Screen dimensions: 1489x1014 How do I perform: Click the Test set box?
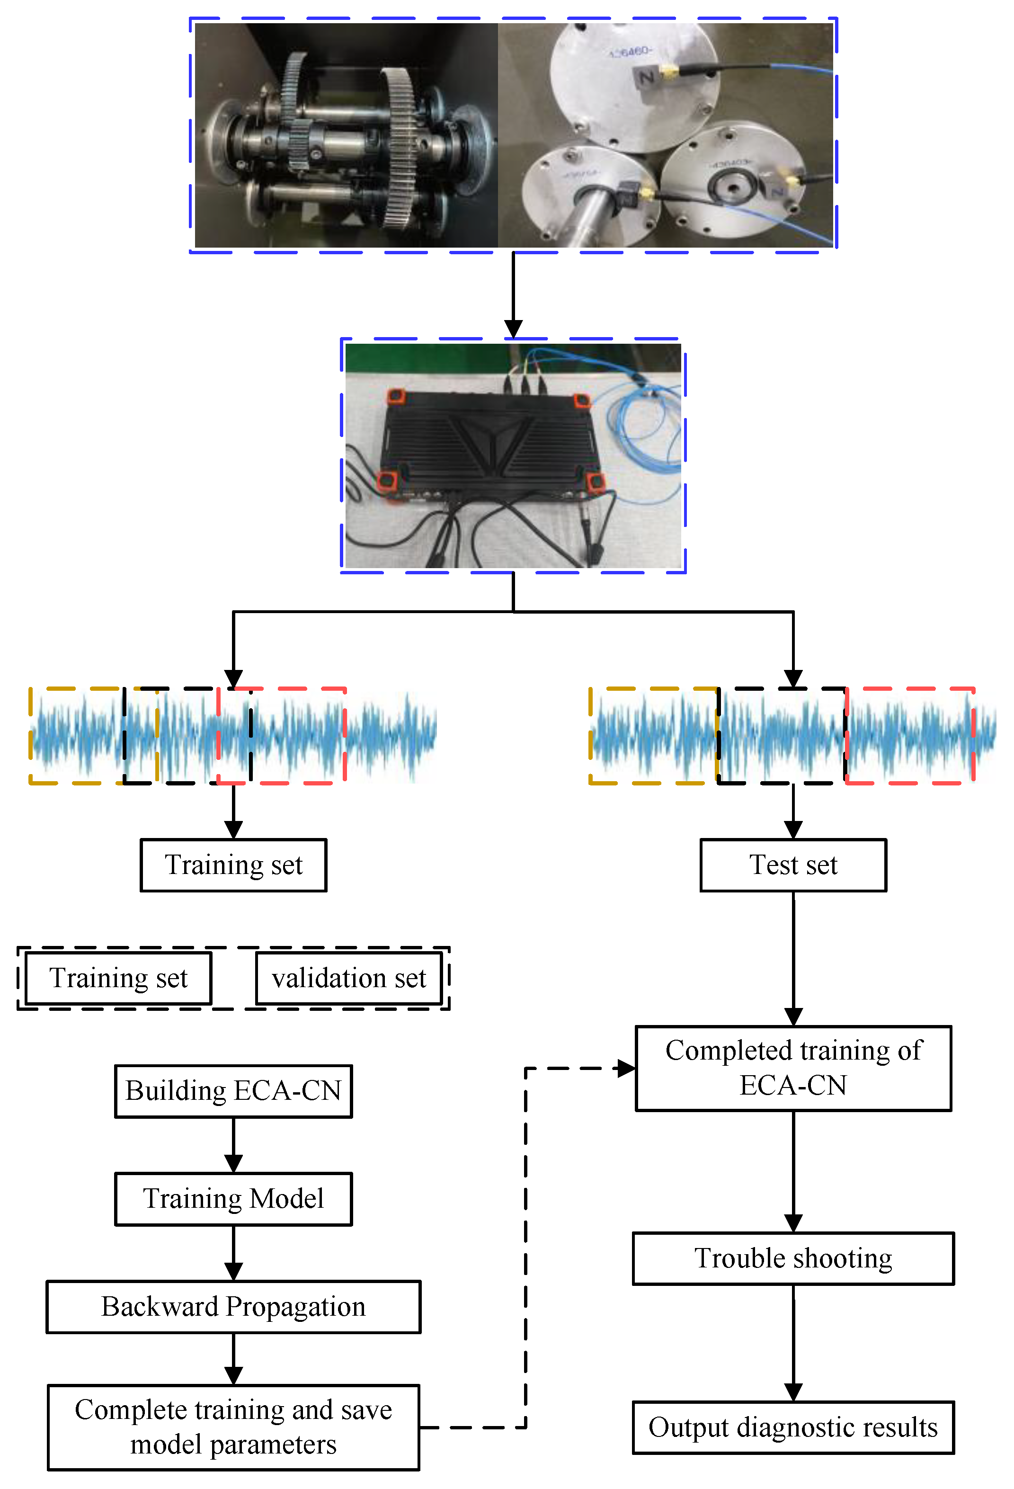792,865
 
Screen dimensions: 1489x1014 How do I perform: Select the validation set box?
348,978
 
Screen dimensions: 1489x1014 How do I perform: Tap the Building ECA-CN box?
233,1091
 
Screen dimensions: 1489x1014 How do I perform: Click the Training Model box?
233,1199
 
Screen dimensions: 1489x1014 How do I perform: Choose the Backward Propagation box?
233,1307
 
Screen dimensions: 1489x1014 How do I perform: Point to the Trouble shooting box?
792,1258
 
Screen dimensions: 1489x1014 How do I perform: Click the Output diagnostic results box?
792,1427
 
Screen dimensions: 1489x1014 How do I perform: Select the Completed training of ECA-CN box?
792,1068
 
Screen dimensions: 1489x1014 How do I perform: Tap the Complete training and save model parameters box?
233,1427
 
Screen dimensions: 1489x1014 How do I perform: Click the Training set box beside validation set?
118,978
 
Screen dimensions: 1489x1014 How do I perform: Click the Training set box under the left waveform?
233,865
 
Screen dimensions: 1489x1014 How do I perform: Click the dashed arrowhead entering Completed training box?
626,1068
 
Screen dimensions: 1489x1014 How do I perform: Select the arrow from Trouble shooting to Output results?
793,1346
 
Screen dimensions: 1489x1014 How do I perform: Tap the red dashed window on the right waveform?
909,736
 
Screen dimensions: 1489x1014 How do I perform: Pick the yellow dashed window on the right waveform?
653,736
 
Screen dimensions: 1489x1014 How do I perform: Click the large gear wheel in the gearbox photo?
400,147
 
